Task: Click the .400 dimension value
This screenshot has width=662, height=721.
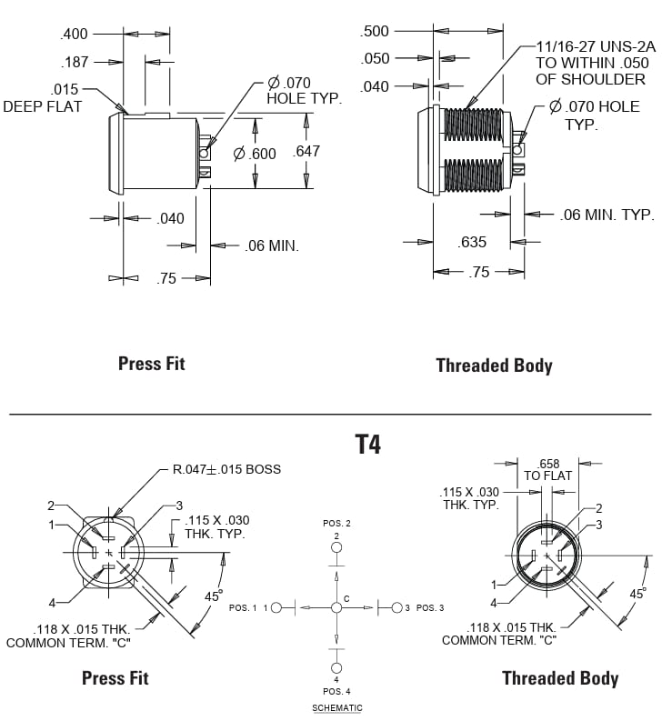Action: [x=74, y=34]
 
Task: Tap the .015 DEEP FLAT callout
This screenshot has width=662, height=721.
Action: [x=43, y=97]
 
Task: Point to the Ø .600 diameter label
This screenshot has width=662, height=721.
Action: [x=254, y=154]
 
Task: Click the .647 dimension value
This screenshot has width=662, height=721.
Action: [x=306, y=151]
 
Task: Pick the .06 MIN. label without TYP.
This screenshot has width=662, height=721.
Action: [x=272, y=245]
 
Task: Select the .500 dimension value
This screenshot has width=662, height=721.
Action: [x=375, y=31]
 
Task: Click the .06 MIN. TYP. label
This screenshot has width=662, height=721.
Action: [x=607, y=215]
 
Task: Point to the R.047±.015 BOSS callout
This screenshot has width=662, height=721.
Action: [x=226, y=469]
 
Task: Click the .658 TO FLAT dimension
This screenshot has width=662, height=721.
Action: [x=548, y=469]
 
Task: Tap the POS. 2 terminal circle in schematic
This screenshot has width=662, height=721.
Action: [x=336, y=547]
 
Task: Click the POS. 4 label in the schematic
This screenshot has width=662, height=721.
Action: [x=336, y=691]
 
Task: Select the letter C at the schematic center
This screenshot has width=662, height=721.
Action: [x=346, y=597]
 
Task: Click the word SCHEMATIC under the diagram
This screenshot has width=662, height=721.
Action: [x=336, y=707]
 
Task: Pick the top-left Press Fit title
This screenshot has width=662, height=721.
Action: [x=151, y=364]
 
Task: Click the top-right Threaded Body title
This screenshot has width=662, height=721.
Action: [x=494, y=366]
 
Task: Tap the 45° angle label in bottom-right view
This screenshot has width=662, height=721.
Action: [x=638, y=593]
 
